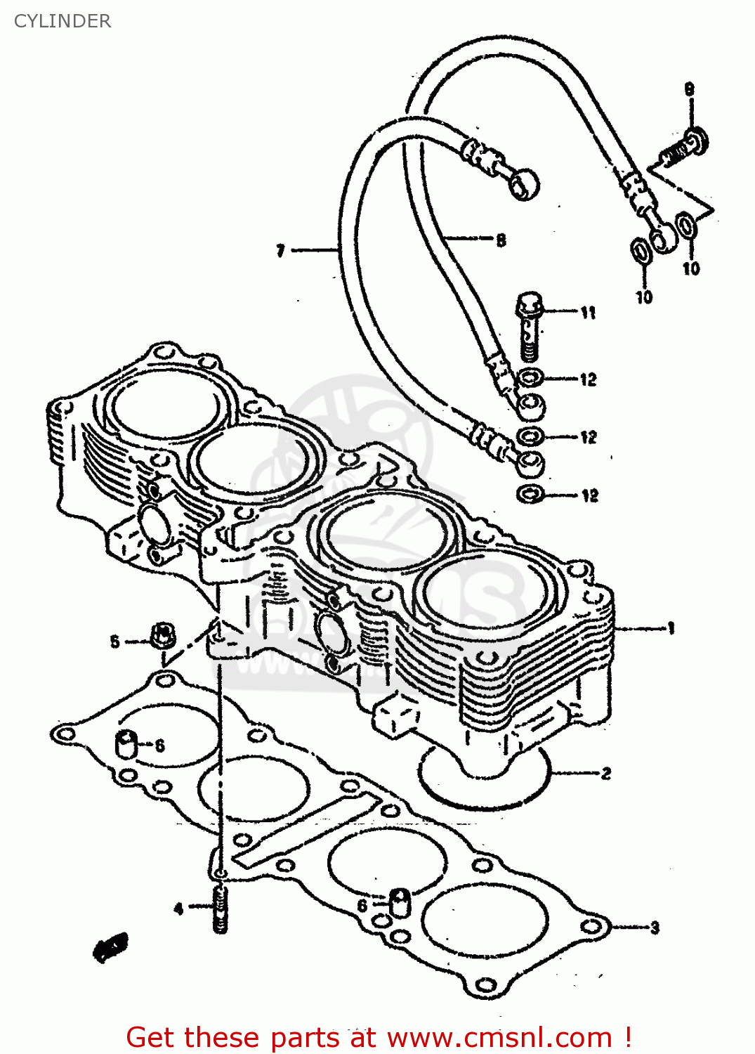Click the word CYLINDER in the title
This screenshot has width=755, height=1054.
point(63,21)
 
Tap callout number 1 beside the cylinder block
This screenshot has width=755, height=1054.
point(671,627)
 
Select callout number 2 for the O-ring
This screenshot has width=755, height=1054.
point(605,774)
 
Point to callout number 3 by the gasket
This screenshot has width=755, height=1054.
point(655,928)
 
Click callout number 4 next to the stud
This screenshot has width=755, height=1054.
point(178,909)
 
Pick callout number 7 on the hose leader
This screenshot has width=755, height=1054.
point(280,250)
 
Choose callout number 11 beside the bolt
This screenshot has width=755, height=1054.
point(588,313)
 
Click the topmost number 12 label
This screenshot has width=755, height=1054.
point(588,379)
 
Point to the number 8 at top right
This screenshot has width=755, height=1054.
point(690,89)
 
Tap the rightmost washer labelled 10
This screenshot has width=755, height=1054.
point(686,226)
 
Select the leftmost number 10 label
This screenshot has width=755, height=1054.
point(644,297)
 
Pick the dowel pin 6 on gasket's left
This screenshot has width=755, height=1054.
point(126,743)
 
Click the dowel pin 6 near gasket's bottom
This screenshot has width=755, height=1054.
point(399,902)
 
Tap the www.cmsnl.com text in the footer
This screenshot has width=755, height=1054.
point(499,1037)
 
